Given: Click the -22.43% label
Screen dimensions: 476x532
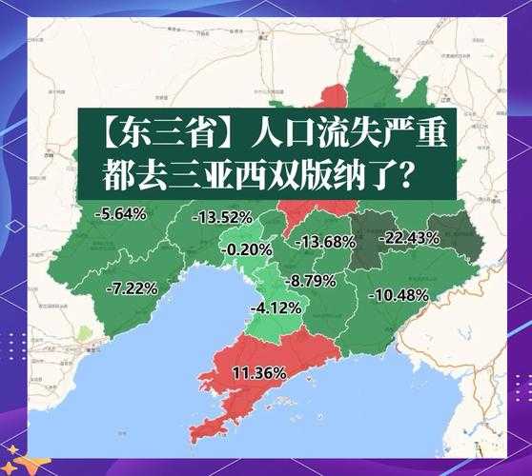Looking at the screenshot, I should pyautogui.click(x=409, y=238).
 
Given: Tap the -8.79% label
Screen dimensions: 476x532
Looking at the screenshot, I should pyautogui.click(x=311, y=281).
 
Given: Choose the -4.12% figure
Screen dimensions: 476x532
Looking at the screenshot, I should pyautogui.click(x=276, y=308).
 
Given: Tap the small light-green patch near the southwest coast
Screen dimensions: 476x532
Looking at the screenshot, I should pyautogui.click(x=88, y=335).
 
